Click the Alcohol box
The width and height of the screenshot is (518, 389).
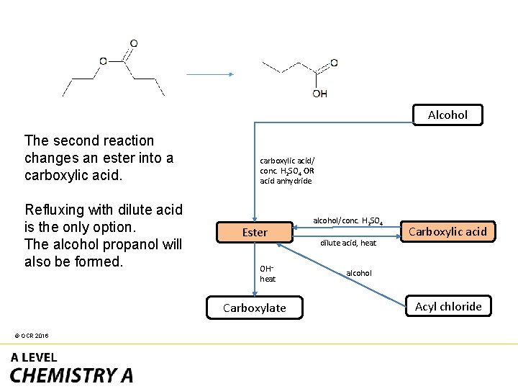[447, 115]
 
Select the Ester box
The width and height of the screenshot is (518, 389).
[255, 232]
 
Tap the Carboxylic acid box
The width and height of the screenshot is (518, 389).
[447, 231]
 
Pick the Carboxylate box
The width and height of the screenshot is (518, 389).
[254, 308]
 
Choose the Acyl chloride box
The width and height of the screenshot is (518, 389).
[448, 306]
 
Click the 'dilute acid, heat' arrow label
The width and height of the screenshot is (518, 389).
[348, 243]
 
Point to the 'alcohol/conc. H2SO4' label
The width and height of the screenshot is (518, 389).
[347, 220]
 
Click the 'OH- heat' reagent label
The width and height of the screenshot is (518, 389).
[268, 274]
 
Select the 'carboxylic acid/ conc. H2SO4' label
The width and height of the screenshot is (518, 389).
[287, 171]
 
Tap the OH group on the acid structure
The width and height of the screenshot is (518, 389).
[320, 94]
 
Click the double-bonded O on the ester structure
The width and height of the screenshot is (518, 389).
[134, 44]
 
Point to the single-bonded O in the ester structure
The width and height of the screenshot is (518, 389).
[104, 61]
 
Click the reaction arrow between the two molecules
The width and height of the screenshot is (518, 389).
[210, 74]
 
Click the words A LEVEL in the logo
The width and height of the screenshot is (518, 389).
[34, 357]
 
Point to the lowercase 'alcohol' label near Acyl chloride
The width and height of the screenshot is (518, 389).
[359, 273]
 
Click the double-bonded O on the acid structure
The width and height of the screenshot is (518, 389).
[334, 63]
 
